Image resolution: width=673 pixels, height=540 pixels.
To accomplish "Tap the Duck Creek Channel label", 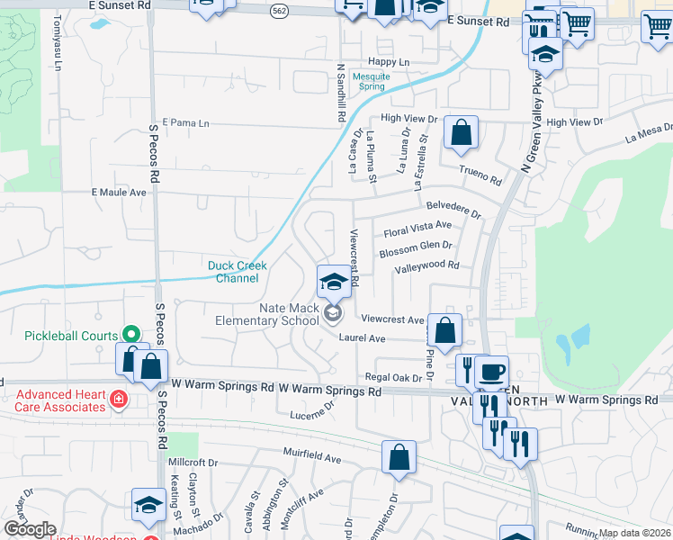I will [x=233, y=271].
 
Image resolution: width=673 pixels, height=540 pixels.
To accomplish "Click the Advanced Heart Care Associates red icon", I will [x=117, y=398].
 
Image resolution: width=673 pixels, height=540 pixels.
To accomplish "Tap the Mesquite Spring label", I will [x=371, y=82].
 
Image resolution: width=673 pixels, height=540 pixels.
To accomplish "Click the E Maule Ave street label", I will [x=119, y=193].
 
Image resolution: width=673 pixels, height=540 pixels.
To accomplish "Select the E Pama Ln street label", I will [x=185, y=123].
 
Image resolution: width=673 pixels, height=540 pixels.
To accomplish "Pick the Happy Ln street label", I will [x=389, y=62].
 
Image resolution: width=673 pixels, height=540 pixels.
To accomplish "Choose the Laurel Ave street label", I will [x=362, y=338].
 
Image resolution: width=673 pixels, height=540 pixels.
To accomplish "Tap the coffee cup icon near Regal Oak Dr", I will [x=491, y=373].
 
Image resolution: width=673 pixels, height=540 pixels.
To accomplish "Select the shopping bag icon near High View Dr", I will [x=461, y=134].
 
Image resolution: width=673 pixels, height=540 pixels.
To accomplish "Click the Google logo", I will [x=29, y=529].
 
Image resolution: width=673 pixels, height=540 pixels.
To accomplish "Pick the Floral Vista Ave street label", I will [x=417, y=229].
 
